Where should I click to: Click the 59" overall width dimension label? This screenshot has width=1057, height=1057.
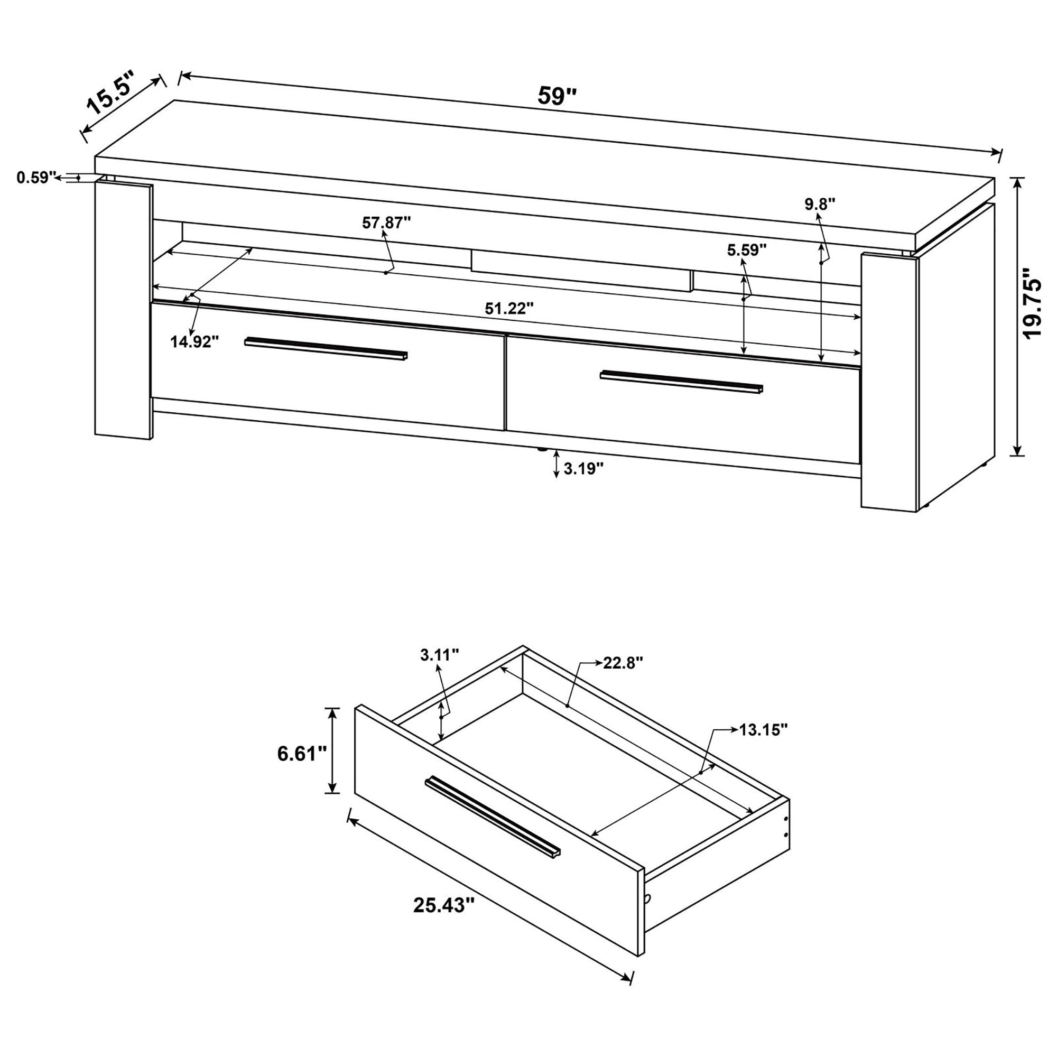coord(557,96)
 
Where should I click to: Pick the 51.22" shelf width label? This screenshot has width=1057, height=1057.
coord(509,309)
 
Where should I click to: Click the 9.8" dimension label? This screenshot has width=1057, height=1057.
coord(820,203)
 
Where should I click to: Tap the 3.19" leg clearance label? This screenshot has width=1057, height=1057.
coord(584,468)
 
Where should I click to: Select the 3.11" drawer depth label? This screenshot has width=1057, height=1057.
coord(439,655)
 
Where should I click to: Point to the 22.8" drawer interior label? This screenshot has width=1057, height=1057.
coord(623,663)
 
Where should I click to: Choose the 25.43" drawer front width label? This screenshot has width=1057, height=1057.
coord(443,905)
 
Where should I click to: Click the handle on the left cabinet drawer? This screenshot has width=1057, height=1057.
coord(326,348)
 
